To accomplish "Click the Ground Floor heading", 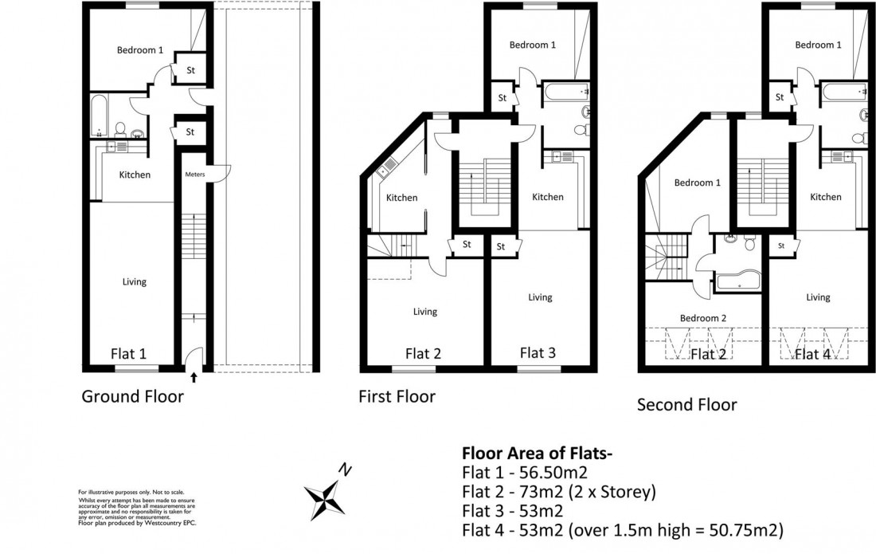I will point(132,396).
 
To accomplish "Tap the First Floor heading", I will point(397,396).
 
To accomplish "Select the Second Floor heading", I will point(686,405).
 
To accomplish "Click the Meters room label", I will point(195,175).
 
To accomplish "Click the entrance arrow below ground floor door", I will point(194,377).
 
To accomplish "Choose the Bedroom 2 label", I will point(702,317).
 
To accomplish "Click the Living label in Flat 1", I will point(134,281).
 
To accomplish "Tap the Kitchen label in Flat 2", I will point(402,198).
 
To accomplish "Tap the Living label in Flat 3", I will point(540,297).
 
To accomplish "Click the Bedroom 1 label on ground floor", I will point(139,50).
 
